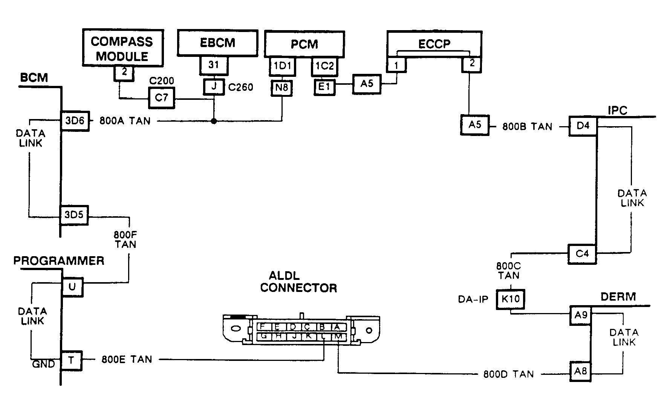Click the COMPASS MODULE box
pyautogui.click(x=123, y=48)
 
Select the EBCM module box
pyautogui.click(x=217, y=43)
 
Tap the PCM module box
pyautogui.click(x=304, y=44)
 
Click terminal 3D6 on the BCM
pyautogui.click(x=75, y=121)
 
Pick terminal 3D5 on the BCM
pyautogui.click(x=74, y=215)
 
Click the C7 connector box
pyautogui.click(x=162, y=98)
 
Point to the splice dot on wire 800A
pyautogui.click(x=214, y=121)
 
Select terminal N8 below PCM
pyautogui.click(x=281, y=88)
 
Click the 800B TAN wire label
pyautogui.click(x=527, y=127)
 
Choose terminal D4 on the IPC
pyautogui.click(x=583, y=125)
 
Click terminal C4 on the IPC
pyautogui.click(x=582, y=254)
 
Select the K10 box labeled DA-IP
pyautogui.click(x=511, y=299)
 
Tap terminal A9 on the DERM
pyautogui.click(x=581, y=315)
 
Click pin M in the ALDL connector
pyautogui.click(x=339, y=336)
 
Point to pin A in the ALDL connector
pyautogui.click(x=337, y=327)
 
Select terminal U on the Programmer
pyautogui.click(x=72, y=287)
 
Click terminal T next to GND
pyautogui.click(x=71, y=361)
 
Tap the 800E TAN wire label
pyautogui.click(x=127, y=359)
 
